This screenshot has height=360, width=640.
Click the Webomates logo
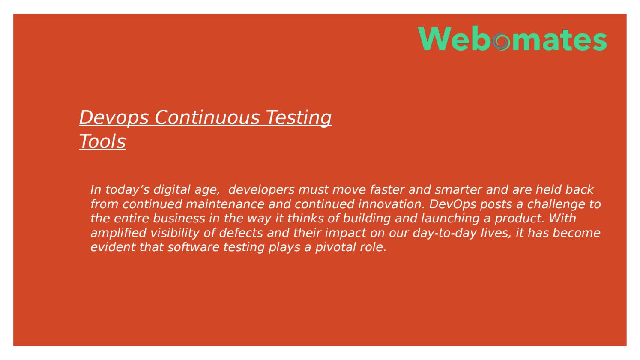512,38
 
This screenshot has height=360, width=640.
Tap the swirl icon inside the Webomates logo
501,42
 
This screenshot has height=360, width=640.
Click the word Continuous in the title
207,117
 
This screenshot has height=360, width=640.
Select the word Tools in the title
102,141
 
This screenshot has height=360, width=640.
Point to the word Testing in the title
299,118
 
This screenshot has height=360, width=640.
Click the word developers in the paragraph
261,190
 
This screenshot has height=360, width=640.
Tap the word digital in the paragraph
171,190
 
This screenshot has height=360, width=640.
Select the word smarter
458,189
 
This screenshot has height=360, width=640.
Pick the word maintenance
225,204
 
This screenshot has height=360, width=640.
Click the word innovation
391,204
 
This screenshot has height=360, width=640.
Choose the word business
179,219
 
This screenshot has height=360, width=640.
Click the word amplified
119,233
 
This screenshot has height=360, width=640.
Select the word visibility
175,233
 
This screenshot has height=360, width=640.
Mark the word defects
241,233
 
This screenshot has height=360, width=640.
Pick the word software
193,247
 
